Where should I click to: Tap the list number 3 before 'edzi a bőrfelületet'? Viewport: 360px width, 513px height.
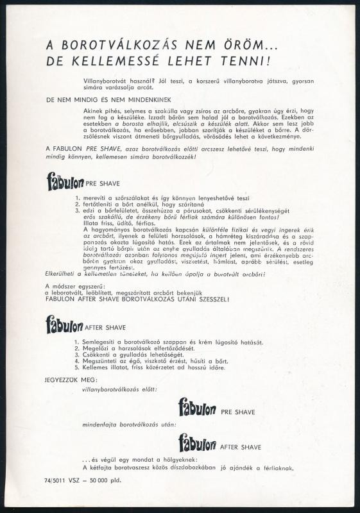pyautogui.click(x=78, y=210)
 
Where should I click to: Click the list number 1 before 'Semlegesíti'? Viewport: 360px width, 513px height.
pyautogui.click(x=76, y=342)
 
